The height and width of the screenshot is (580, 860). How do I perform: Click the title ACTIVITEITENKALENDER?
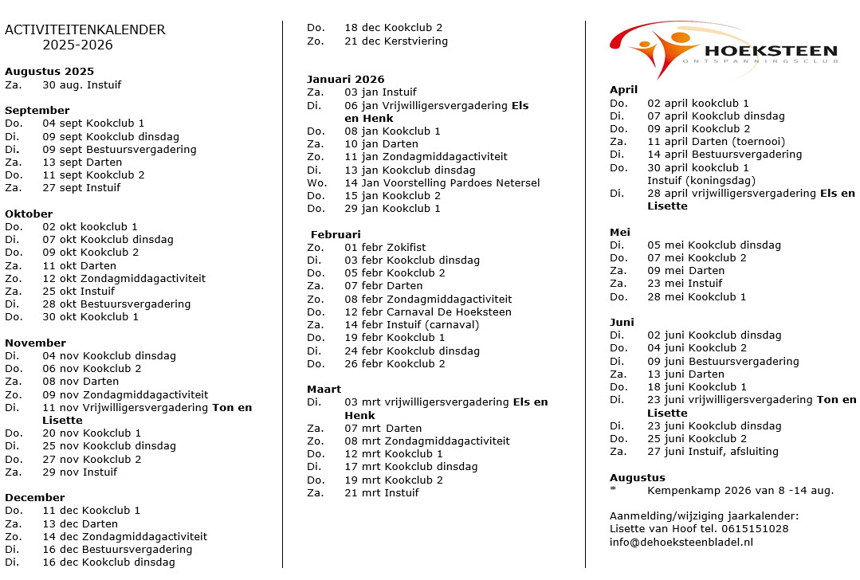click(85, 30)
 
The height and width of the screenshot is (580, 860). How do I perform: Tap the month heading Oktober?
click(29, 214)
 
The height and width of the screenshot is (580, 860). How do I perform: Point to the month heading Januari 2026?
click(345, 79)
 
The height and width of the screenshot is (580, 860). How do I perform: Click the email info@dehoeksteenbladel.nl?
click(681, 543)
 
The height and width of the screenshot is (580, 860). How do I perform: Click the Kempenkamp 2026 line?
click(740, 491)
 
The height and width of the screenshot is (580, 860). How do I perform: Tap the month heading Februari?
click(336, 235)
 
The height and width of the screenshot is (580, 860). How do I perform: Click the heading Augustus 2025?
click(49, 72)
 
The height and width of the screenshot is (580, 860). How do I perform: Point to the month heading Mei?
click(620, 233)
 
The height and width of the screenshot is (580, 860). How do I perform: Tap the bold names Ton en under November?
click(231, 408)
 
